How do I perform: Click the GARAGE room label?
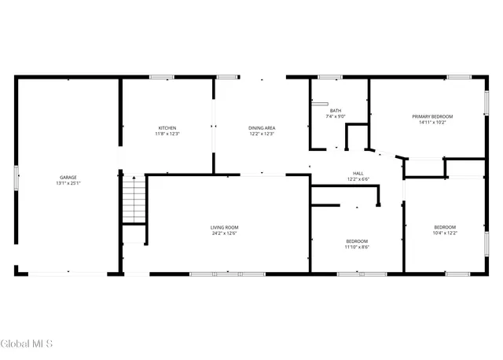click(68, 177)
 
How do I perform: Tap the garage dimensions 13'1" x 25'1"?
click(68, 183)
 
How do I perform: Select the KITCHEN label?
click(167, 127)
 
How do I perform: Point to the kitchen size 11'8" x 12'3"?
click(167, 134)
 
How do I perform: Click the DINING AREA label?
click(262, 127)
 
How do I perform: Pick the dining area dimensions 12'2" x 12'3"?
click(262, 134)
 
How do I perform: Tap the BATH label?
click(336, 111)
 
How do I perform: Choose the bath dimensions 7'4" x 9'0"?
click(336, 116)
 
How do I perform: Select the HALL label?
click(358, 173)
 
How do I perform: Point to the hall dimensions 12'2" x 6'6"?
click(358, 179)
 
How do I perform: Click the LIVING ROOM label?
click(224, 227)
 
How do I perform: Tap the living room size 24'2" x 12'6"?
click(224, 233)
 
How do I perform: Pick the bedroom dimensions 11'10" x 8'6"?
click(357, 247)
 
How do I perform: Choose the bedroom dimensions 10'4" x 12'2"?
click(445, 233)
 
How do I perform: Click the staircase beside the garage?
click(134, 200)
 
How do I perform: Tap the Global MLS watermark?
click(27, 343)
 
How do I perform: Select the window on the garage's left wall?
click(16, 177)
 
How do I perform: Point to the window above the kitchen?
click(162, 77)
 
